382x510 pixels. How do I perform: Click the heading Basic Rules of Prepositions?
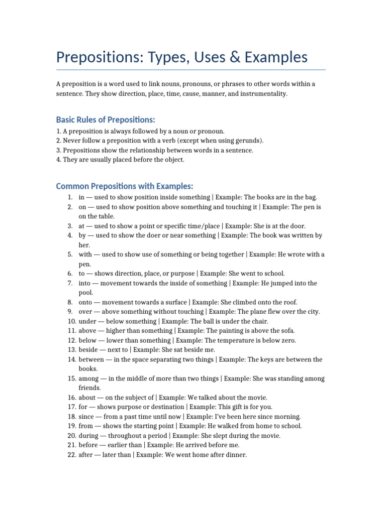pyautogui.click(x=105, y=120)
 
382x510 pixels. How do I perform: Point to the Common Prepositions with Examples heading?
pyautogui.click(x=124, y=186)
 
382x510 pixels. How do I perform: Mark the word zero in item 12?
pyautogui.click(x=288, y=340)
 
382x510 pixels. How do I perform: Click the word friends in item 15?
pyautogui.click(x=90, y=388)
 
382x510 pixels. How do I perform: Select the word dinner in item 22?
pyautogui.click(x=236, y=455)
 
